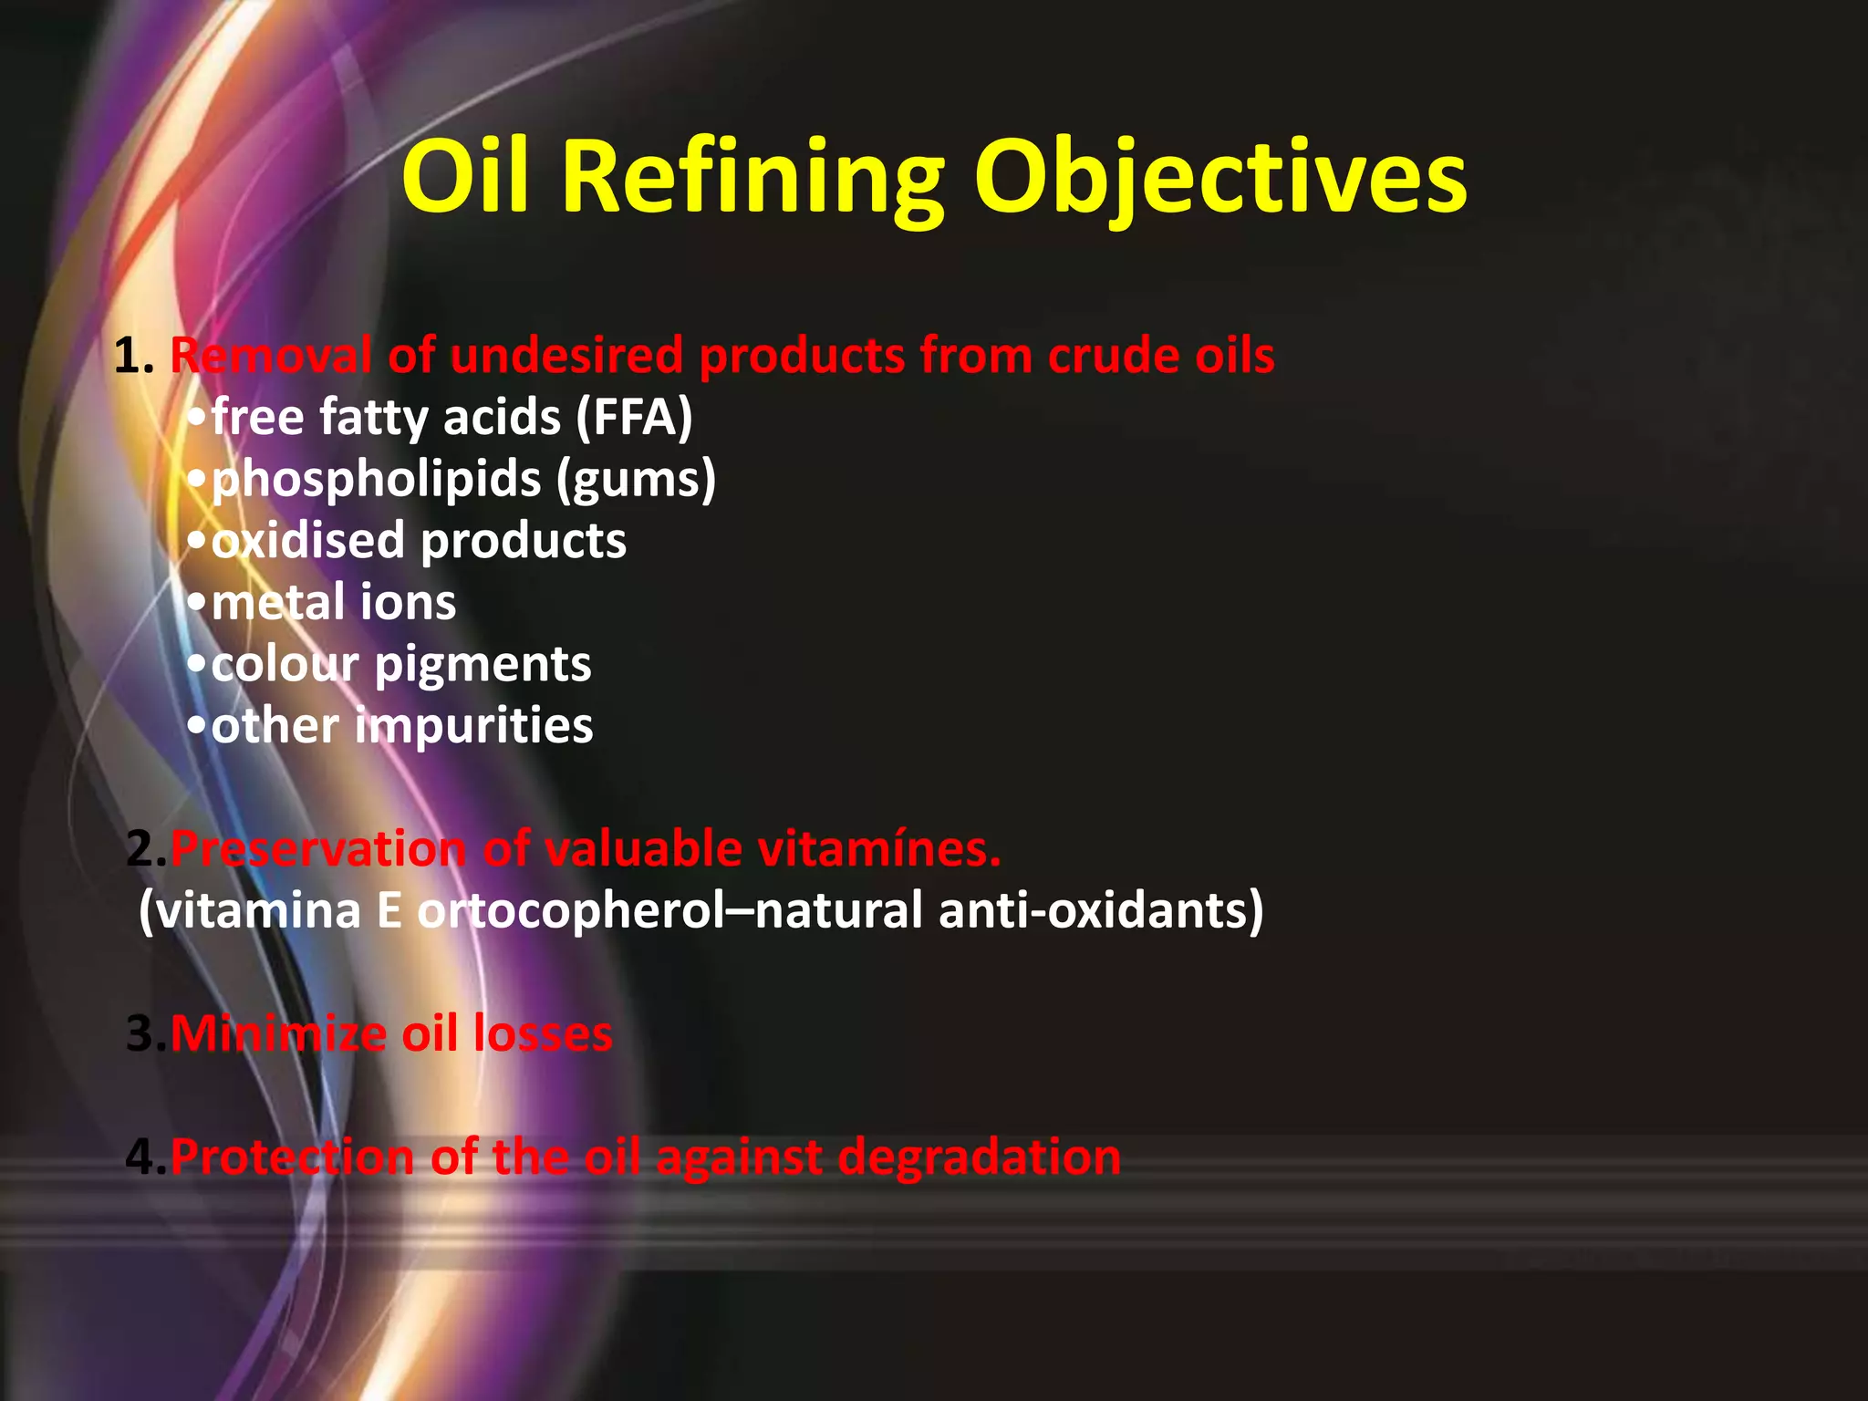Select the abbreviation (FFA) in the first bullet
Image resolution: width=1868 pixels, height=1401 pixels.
[634, 418]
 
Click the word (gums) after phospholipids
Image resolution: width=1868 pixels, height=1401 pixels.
[637, 480]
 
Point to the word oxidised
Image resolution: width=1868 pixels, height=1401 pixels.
[308, 541]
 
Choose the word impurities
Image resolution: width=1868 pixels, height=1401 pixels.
[474, 726]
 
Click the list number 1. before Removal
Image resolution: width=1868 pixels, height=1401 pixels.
[133, 356]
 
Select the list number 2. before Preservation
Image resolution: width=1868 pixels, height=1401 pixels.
[146, 849]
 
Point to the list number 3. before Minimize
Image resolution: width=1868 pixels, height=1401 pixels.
[146, 1034]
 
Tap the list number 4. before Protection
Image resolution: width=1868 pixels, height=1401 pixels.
[146, 1157]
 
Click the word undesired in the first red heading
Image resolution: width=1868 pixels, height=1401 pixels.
[566, 356]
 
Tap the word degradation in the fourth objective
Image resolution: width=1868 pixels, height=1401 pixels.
[979, 1157]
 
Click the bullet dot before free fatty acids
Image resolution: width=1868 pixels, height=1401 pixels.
[197, 420]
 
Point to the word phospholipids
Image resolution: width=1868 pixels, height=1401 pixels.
[377, 480]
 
